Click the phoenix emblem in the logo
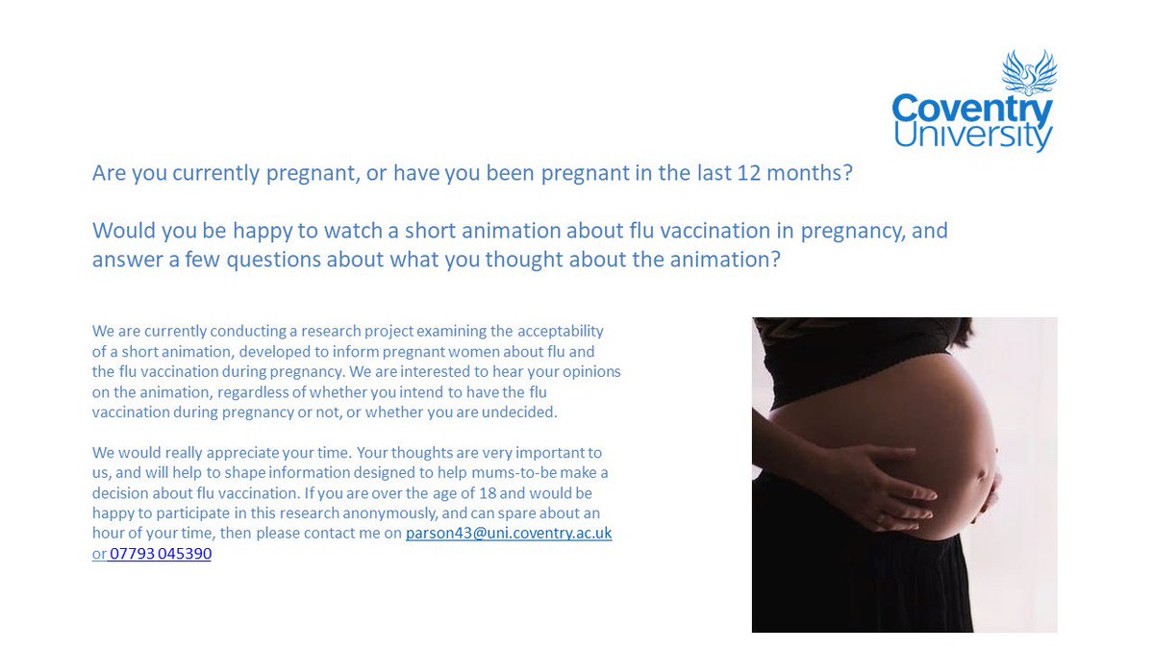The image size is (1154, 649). click(x=1028, y=71)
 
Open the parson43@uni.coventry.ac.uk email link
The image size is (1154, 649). click(x=508, y=533)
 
